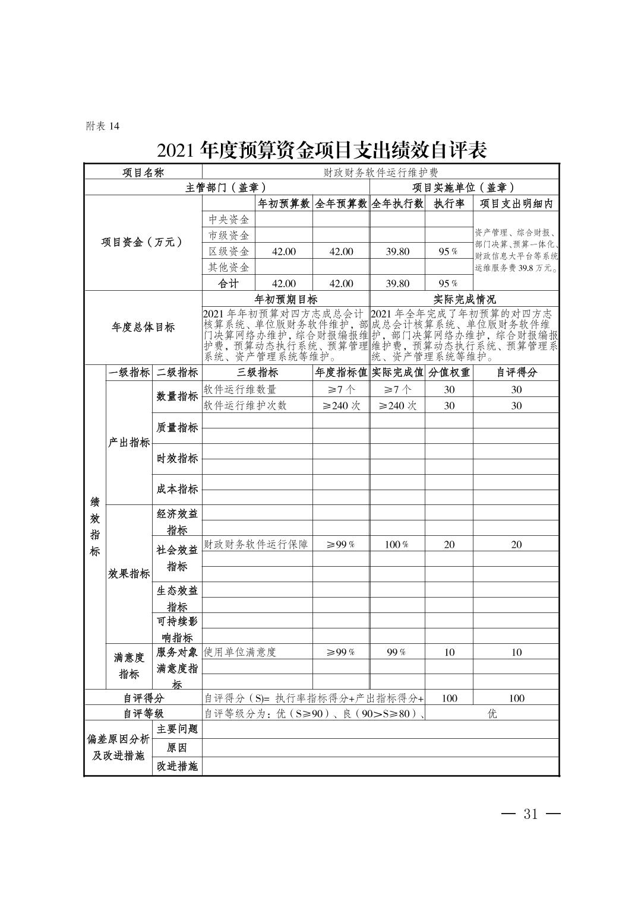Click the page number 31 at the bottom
pos(530,814)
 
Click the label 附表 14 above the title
pos(103,126)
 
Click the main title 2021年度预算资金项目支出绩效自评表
pos(322,150)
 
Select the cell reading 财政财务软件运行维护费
pos(380,173)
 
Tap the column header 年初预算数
pos(283,204)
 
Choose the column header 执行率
pos(449,204)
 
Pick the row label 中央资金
pos(229,220)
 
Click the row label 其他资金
pos(229,268)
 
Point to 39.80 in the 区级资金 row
pos(397,252)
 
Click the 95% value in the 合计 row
pos(449,284)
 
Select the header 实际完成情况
pos(464,299)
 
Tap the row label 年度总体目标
pos(143,327)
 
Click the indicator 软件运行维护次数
pos(245,406)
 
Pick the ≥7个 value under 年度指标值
pos(341,390)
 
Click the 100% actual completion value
pos(397,545)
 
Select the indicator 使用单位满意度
pos(240,652)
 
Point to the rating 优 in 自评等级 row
pos(492,714)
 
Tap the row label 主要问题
pos(177,729)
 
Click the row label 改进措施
pos(177,767)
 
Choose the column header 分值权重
pos(449,373)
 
